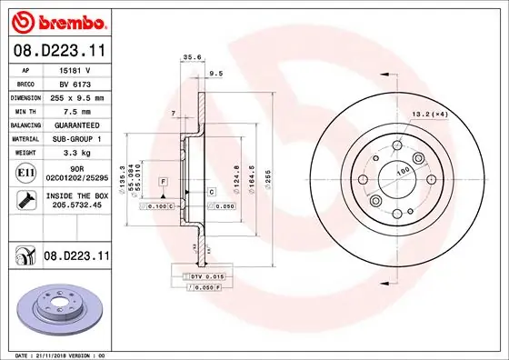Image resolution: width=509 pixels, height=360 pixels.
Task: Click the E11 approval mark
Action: (25, 172)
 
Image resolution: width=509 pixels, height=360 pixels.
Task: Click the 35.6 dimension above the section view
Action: (192, 57)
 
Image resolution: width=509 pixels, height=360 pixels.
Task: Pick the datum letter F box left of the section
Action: (163, 183)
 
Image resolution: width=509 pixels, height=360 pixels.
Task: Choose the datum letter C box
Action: (211, 192)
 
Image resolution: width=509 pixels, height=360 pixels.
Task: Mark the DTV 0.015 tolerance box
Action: (208, 275)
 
